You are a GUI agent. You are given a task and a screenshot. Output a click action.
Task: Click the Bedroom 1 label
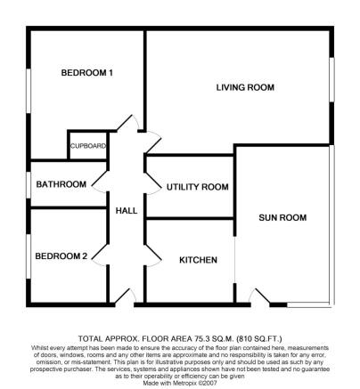pos(86,73)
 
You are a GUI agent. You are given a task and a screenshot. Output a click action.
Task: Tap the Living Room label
pos(245,87)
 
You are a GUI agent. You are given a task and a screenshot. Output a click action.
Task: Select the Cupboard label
pos(88,146)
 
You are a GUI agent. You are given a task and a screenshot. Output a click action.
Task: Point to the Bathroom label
pos(61,184)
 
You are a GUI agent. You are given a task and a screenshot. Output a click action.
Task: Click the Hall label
pos(127,211)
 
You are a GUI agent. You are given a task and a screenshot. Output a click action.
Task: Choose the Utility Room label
pos(198,187)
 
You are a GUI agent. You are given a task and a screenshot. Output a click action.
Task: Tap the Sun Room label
pos(282,218)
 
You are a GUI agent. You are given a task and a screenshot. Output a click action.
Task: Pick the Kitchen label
pos(198,260)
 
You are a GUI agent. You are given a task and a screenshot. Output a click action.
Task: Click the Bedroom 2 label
pos(61,256)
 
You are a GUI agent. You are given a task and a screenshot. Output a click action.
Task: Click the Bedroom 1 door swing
pos(129,122)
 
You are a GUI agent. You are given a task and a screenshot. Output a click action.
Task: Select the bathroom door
pos(100,182)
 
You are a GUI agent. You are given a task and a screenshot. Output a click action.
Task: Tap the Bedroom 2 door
pos(100,255)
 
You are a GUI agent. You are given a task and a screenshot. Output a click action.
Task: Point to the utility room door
pos(153,183)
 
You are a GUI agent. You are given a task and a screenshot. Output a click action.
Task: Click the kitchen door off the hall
pos(153,255)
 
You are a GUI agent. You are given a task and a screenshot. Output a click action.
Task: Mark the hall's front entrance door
pos(125,296)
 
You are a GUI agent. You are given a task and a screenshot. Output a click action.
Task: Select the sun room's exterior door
pos(259,296)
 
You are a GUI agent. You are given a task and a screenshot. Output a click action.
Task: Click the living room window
pos(332,79)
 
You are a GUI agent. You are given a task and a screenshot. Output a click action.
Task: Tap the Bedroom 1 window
pos(29,91)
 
